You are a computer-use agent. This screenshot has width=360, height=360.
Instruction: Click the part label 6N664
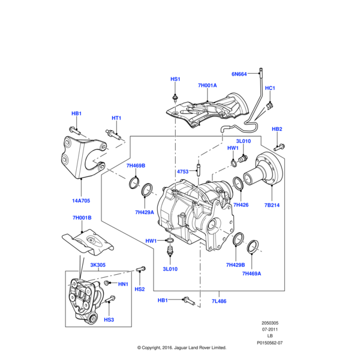click(239, 74)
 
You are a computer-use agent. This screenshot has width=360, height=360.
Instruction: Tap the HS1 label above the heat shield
click(175, 79)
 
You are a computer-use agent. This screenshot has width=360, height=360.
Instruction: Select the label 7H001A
click(207, 86)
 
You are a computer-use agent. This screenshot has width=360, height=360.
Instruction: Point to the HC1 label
click(270, 88)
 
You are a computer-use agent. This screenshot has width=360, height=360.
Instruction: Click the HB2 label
click(277, 129)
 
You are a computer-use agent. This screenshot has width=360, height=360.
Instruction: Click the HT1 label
click(116, 118)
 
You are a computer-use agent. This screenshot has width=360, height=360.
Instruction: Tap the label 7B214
click(272, 205)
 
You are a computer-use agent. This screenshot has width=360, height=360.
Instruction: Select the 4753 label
click(183, 172)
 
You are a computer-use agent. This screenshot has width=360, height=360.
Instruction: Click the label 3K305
click(98, 265)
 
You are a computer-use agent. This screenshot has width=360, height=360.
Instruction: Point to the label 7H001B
click(82, 218)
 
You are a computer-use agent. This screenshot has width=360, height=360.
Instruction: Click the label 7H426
click(241, 205)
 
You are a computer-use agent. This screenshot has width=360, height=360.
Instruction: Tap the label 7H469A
click(252, 274)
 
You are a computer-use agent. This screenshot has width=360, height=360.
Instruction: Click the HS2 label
click(140, 289)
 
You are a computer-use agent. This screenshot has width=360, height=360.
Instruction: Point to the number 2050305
click(270, 323)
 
